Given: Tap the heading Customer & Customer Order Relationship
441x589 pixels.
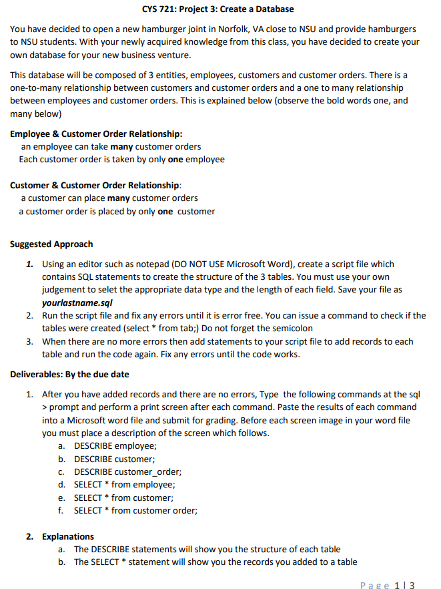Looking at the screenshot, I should coord(95,185).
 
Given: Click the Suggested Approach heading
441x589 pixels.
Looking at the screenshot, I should coord(51,244).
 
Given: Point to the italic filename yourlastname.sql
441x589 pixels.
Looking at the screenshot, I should coord(72,303).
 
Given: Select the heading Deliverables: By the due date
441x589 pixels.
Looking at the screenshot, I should coord(69,374).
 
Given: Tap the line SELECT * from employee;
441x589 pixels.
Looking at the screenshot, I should coord(115,485).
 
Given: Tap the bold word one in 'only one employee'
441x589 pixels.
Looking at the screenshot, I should coord(175,159).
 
